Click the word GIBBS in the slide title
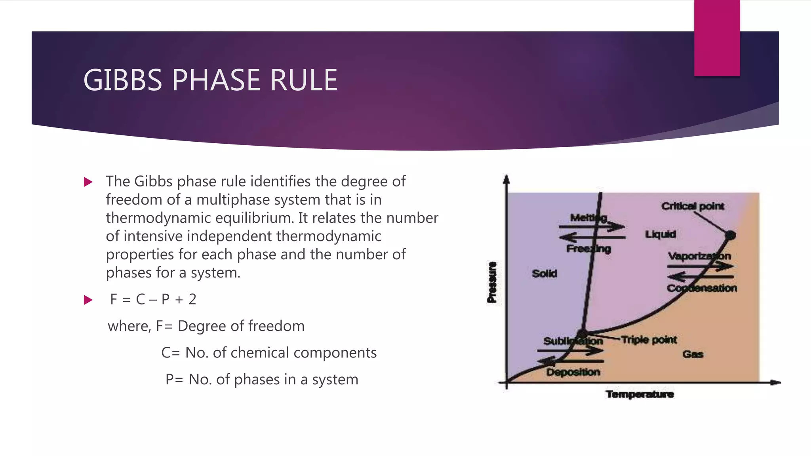(x=123, y=80)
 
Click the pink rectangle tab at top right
(x=717, y=38)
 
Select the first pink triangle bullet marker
(x=88, y=182)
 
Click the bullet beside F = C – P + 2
(x=88, y=300)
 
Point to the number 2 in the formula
(x=192, y=300)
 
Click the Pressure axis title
(x=492, y=282)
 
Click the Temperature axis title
(x=640, y=394)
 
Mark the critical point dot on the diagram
(x=730, y=235)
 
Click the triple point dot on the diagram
(x=582, y=334)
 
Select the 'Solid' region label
(x=544, y=274)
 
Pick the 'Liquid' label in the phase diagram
(x=661, y=234)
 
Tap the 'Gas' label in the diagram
(x=693, y=354)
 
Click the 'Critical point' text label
(x=693, y=206)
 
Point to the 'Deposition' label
(x=573, y=372)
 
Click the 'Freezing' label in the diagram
(x=588, y=249)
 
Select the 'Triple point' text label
(x=649, y=340)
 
